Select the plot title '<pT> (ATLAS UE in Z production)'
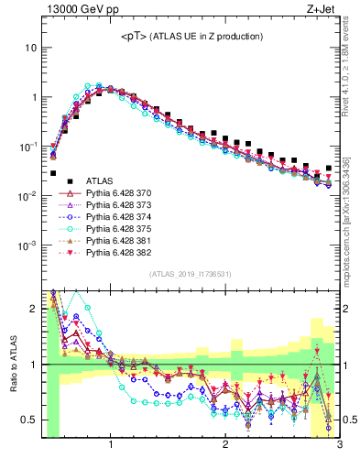coord(192,36)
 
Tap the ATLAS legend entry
coord(102,181)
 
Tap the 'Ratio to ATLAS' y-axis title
coord(13,365)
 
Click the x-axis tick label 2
coord(225,446)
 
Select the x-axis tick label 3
coord(338,446)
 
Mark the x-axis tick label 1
coord(111,446)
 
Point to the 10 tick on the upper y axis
coord(30,47)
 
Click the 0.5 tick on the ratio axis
coord(28,420)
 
